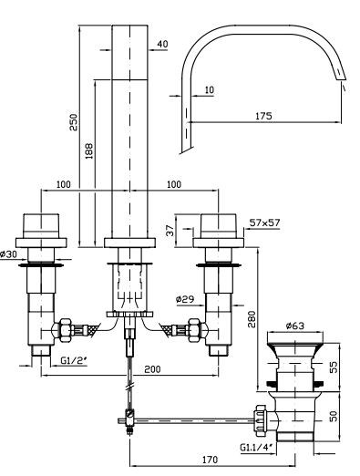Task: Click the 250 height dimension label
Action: click(x=74, y=122)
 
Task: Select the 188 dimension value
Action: click(x=89, y=150)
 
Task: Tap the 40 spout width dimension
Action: click(x=162, y=44)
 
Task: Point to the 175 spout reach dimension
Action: click(x=263, y=116)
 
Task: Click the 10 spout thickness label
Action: click(x=210, y=90)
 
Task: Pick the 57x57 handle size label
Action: click(x=264, y=222)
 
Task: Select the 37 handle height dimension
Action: click(x=170, y=231)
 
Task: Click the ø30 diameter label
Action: click(x=9, y=254)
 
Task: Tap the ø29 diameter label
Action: click(x=185, y=299)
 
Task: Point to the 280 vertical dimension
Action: click(x=252, y=319)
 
